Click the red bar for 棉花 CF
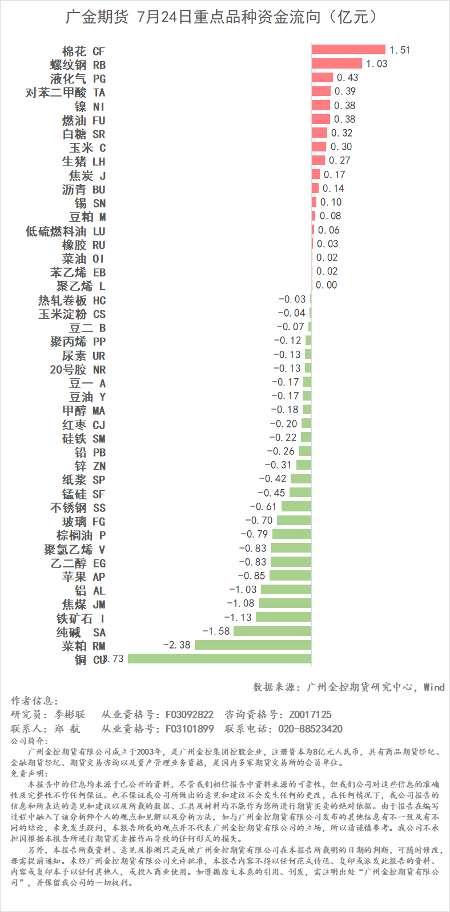point(348,50)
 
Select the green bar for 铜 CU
point(219,658)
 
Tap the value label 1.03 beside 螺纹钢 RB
point(377,64)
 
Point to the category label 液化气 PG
point(78,78)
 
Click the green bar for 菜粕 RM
point(253,645)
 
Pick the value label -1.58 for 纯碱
point(216,631)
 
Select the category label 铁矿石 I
point(81,618)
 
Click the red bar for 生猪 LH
point(318,161)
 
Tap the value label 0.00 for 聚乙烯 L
point(327,285)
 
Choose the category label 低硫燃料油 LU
point(66,231)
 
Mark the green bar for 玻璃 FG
point(294,521)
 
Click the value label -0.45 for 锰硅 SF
point(272,493)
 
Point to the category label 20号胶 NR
point(78,369)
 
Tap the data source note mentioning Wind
point(348,687)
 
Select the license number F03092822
point(190,714)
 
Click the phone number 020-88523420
point(310,729)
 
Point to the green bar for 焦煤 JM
point(285,603)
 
